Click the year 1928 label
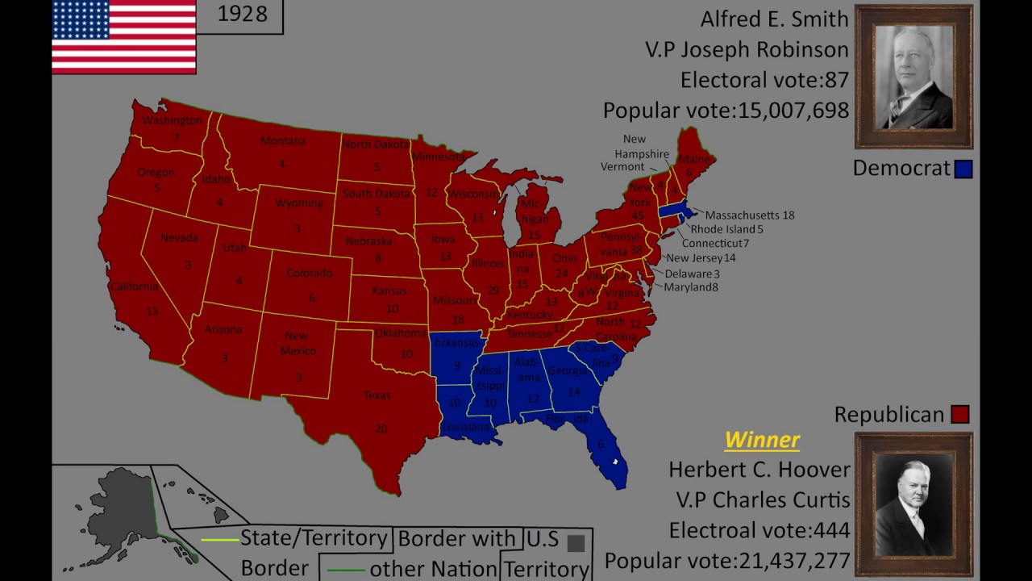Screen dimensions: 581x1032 tap(243, 15)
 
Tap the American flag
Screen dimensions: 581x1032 tap(123, 36)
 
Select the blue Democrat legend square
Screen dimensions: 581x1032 tap(963, 169)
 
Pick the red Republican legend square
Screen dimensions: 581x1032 tap(959, 415)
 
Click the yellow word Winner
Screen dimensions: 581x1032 tap(762, 440)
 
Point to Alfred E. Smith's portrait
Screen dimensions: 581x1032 tap(913, 77)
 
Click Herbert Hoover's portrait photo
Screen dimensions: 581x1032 tap(913, 504)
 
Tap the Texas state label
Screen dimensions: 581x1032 tap(377, 395)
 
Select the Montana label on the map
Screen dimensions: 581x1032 tap(283, 141)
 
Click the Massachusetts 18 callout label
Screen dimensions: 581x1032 tap(750, 215)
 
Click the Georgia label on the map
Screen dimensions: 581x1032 tap(567, 372)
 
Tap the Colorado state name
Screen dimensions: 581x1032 tap(310, 273)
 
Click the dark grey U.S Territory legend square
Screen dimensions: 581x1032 tap(576, 543)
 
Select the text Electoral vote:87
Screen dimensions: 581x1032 tap(764, 80)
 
